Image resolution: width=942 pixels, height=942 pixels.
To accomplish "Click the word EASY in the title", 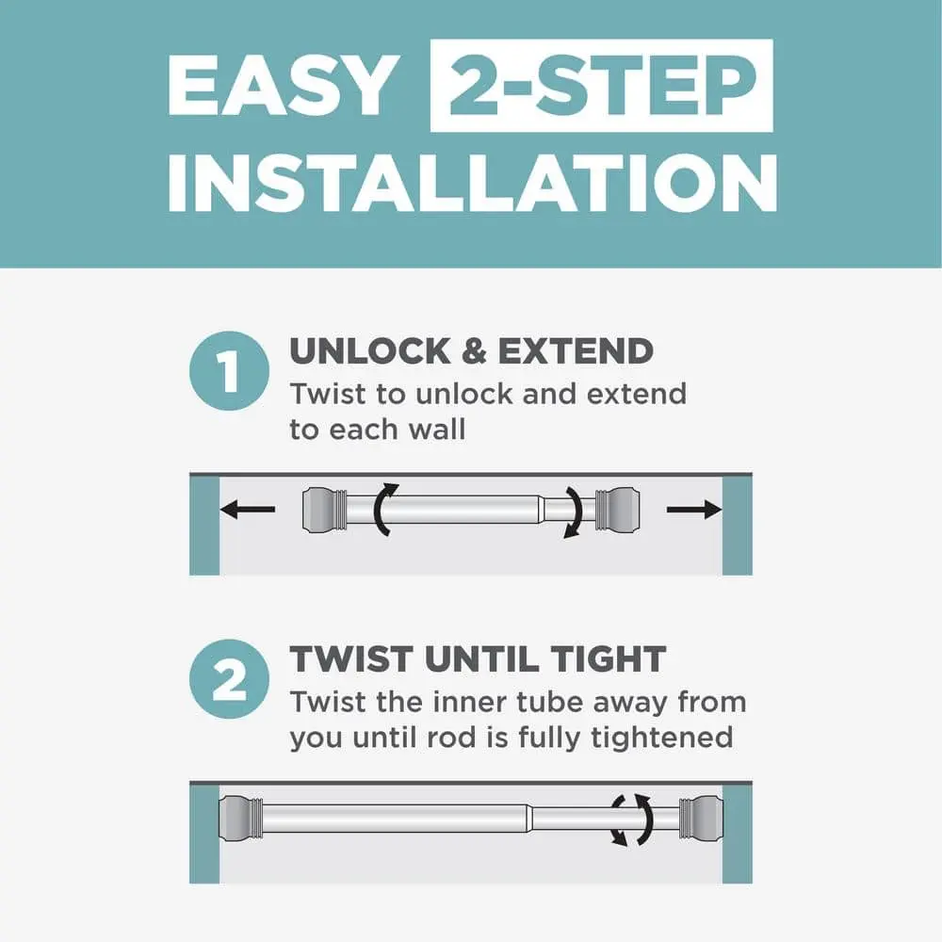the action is [x=284, y=86].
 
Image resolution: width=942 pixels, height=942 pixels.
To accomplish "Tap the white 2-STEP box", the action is [x=601, y=86].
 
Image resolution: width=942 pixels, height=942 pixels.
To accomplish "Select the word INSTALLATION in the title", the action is [x=473, y=183].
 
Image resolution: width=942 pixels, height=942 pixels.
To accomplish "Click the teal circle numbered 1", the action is [x=229, y=370].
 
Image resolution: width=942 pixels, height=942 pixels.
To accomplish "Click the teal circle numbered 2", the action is [x=229, y=679].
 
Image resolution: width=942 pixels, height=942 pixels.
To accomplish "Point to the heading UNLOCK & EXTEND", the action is [x=472, y=350].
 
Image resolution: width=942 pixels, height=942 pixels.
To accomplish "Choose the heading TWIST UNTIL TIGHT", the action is [x=479, y=659].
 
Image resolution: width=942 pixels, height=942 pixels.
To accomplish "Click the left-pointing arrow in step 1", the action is [x=248, y=510].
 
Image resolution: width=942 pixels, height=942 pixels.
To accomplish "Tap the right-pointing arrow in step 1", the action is [x=694, y=510].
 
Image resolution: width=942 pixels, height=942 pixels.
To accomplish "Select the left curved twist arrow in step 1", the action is [x=379, y=510].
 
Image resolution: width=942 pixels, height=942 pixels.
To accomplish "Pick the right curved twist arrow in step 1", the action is [x=577, y=511].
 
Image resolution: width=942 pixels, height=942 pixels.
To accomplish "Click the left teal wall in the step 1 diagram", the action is [x=204, y=525].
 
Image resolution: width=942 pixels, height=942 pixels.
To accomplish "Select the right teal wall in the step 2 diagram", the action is [x=738, y=833].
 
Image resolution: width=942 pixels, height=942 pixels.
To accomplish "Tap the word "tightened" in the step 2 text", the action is [x=662, y=738].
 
